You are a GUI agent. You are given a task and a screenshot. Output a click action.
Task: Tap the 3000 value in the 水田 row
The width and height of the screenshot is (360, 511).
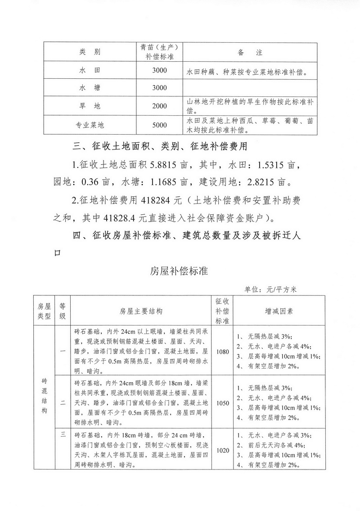click(159, 71)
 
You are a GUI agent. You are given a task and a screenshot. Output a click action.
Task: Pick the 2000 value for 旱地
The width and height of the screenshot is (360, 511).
click(159, 106)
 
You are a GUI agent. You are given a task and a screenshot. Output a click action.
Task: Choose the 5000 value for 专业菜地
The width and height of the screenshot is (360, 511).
click(159, 125)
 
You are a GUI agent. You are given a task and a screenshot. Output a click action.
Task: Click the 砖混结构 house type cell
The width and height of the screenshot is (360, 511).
click(43, 396)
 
